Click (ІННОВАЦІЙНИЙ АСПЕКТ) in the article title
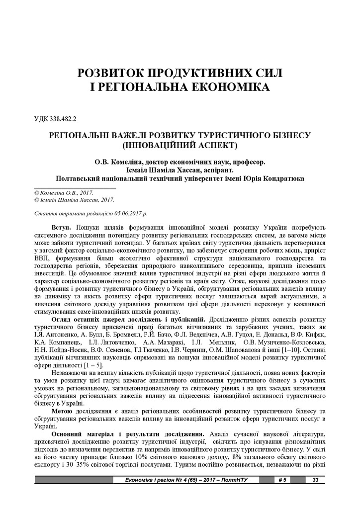point(180,146)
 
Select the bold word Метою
point(62,411)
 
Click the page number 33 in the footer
point(315,480)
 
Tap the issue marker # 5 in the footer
point(282,480)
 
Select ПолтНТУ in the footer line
point(234,480)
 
